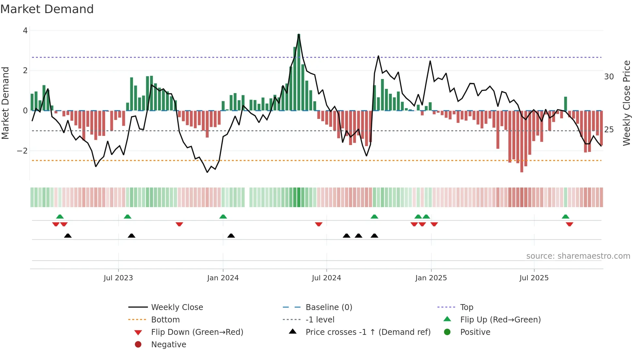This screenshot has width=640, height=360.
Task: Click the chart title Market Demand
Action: (47, 9)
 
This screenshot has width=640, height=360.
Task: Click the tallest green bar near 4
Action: (298, 72)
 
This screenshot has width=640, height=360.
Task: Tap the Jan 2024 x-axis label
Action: (223, 278)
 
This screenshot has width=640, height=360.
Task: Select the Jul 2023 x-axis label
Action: (118, 278)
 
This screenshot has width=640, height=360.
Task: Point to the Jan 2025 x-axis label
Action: (431, 278)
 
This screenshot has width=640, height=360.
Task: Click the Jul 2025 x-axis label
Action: (534, 278)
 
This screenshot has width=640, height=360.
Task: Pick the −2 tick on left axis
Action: (22, 151)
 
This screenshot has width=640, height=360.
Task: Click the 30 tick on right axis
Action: (609, 77)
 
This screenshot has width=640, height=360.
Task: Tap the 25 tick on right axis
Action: (609, 130)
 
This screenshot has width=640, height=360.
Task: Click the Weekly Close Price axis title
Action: (626, 103)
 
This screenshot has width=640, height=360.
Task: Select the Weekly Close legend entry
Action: (177, 307)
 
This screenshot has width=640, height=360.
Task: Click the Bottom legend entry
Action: (165, 320)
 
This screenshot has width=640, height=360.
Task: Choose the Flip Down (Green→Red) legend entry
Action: (197, 332)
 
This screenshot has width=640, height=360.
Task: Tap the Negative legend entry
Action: (168, 345)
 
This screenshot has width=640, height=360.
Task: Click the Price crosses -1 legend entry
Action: (368, 332)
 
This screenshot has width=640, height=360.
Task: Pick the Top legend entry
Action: (467, 307)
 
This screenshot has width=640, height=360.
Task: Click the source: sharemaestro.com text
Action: (578, 256)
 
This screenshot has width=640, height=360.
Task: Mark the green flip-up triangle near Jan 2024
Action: (223, 217)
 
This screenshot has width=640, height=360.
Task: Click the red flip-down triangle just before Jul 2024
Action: (319, 224)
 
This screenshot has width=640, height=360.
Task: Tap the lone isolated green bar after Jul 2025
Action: (566, 104)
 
